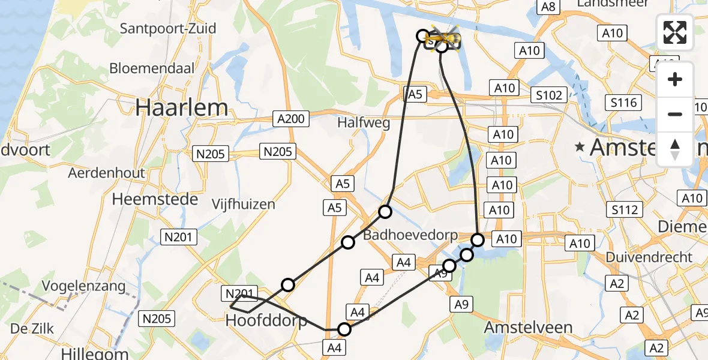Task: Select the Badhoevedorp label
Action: [410, 235]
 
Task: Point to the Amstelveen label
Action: [528, 328]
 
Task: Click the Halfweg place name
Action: [364, 123]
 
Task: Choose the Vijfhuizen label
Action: [244, 204]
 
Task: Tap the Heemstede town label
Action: [155, 199]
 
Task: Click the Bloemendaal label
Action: [152, 68]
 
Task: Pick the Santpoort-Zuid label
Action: [168, 28]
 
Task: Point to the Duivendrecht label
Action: [649, 257]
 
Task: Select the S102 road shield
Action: [550, 95]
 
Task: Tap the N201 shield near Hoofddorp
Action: [240, 293]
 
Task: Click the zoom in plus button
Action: [675, 79]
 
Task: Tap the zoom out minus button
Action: [675, 114]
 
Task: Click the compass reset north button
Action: [675, 149]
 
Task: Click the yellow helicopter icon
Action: [443, 38]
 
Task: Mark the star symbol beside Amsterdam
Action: [580, 146]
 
